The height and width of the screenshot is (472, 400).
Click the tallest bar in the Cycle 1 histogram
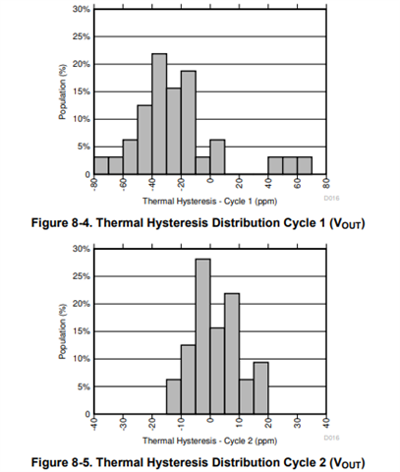159,114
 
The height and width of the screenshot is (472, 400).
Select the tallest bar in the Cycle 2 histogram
203,336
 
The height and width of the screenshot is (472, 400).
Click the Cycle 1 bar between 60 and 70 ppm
305,165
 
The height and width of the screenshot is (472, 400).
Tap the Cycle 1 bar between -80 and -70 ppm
101,165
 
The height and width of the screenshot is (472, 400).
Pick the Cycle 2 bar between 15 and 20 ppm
261,388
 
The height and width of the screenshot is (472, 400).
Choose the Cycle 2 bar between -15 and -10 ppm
174,396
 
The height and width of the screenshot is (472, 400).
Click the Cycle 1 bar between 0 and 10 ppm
217,156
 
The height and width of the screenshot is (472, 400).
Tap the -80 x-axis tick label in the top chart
94,184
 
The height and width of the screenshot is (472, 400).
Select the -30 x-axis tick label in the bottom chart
123,424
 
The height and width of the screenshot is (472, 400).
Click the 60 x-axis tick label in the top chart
298,185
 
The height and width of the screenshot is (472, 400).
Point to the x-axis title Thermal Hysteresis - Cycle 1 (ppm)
209,201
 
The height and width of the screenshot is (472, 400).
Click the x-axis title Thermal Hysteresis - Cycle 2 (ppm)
209,441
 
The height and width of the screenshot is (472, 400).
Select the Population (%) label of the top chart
63,91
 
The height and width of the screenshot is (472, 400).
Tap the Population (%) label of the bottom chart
63,331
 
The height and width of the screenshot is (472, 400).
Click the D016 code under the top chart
331,199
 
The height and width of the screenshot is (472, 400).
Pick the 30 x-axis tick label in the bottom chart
298,424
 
